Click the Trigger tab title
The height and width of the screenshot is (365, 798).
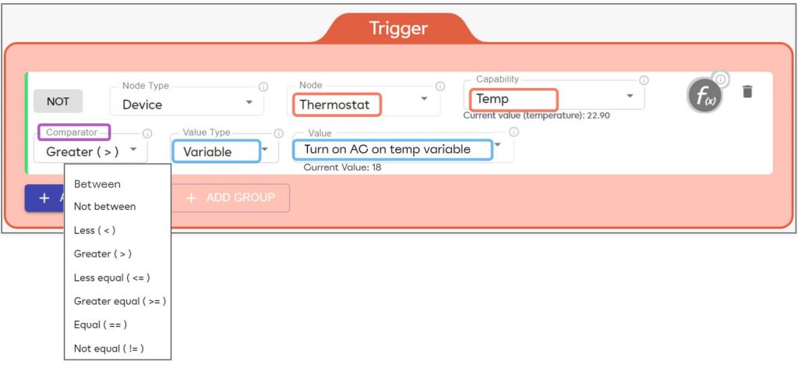tap(398, 29)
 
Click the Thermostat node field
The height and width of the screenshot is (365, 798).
tap(337, 104)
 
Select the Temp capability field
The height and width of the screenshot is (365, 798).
tap(514, 99)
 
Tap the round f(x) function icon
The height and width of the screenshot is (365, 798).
tap(704, 97)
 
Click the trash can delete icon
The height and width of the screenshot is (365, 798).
tap(747, 92)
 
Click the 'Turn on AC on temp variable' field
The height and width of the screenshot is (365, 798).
tap(392, 149)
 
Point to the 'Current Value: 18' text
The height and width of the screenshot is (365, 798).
tap(342, 168)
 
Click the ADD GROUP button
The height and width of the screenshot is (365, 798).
tap(231, 198)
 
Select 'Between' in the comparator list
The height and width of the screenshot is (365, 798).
tap(97, 184)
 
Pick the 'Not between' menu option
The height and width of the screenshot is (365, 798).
tap(104, 207)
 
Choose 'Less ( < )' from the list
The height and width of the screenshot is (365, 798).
tap(94, 230)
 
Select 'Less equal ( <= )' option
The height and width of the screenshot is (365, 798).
tap(111, 278)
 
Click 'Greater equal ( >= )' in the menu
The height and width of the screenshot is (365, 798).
tap(119, 301)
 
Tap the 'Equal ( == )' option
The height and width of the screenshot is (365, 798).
tap(100, 324)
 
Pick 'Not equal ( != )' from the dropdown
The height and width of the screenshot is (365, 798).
tap(108, 348)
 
